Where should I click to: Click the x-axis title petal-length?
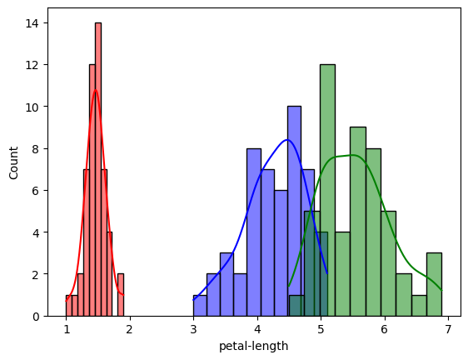click(x=253, y=346)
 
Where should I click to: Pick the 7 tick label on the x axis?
click(x=448, y=330)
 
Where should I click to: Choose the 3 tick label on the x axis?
click(x=194, y=330)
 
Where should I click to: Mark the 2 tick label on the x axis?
click(x=130, y=330)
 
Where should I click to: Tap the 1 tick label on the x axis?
click(x=67, y=330)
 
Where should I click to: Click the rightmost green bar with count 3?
click(x=434, y=284)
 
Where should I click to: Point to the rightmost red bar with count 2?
click(x=121, y=295)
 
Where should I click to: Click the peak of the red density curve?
click(x=96, y=90)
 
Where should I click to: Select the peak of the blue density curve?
click(x=287, y=140)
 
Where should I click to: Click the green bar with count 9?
click(x=358, y=221)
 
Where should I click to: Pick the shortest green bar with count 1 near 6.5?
click(x=419, y=306)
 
